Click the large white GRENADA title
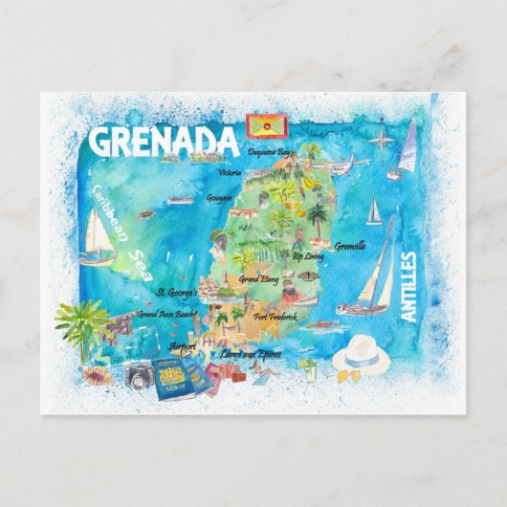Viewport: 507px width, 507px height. click(x=162, y=142)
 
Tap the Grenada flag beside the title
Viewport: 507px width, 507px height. click(x=259, y=126)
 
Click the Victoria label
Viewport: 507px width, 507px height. click(x=230, y=173)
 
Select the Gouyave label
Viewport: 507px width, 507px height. click(x=219, y=198)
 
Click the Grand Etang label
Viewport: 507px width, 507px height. click(x=259, y=279)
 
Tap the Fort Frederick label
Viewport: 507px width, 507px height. click(x=276, y=316)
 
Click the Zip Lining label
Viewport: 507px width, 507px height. click(x=310, y=256)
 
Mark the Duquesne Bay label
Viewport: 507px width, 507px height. click(x=269, y=152)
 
